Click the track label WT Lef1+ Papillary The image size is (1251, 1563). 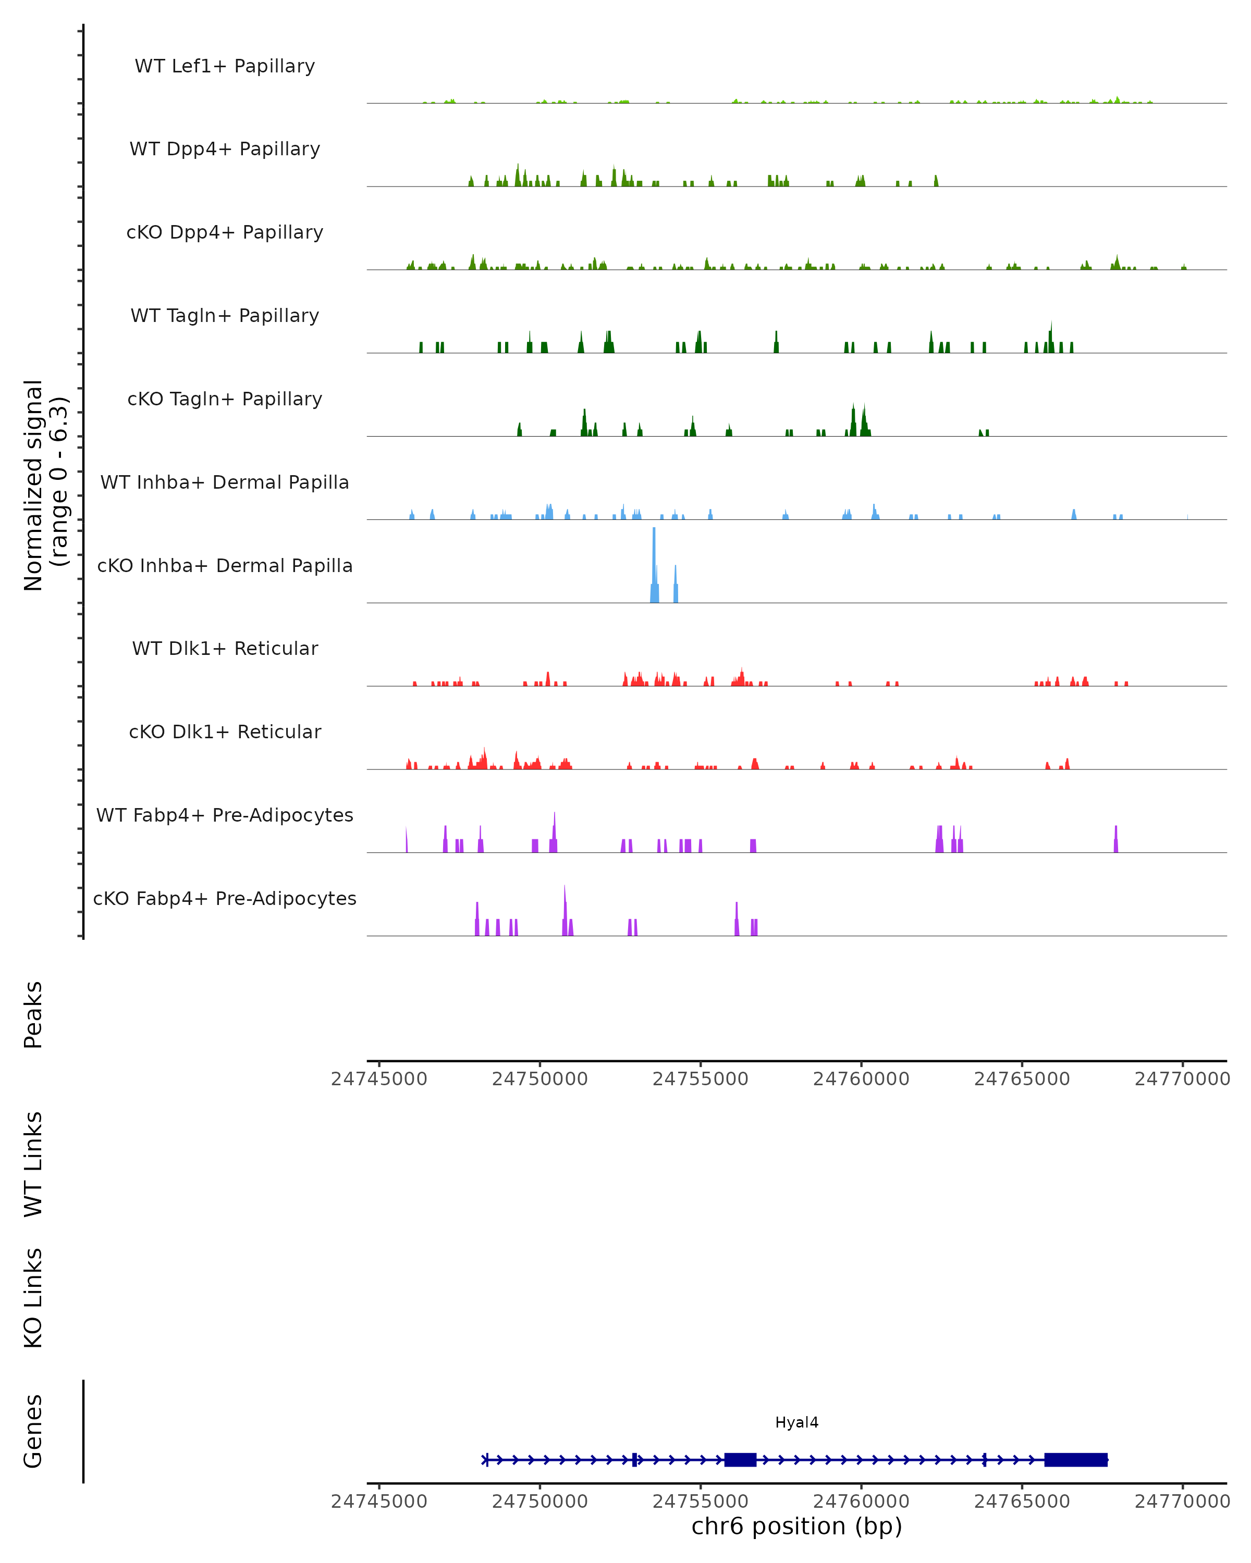click(225, 66)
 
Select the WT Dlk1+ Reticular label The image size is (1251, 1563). click(225, 648)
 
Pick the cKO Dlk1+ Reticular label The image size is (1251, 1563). click(225, 731)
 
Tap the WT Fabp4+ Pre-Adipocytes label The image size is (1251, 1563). click(225, 815)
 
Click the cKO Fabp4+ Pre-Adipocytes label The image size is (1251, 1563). click(225, 898)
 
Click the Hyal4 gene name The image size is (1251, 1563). click(796, 1422)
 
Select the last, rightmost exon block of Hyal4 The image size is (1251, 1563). click(1075, 1459)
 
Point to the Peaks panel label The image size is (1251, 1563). click(33, 1014)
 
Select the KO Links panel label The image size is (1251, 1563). click(33, 1298)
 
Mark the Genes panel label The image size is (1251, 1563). click(33, 1431)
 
